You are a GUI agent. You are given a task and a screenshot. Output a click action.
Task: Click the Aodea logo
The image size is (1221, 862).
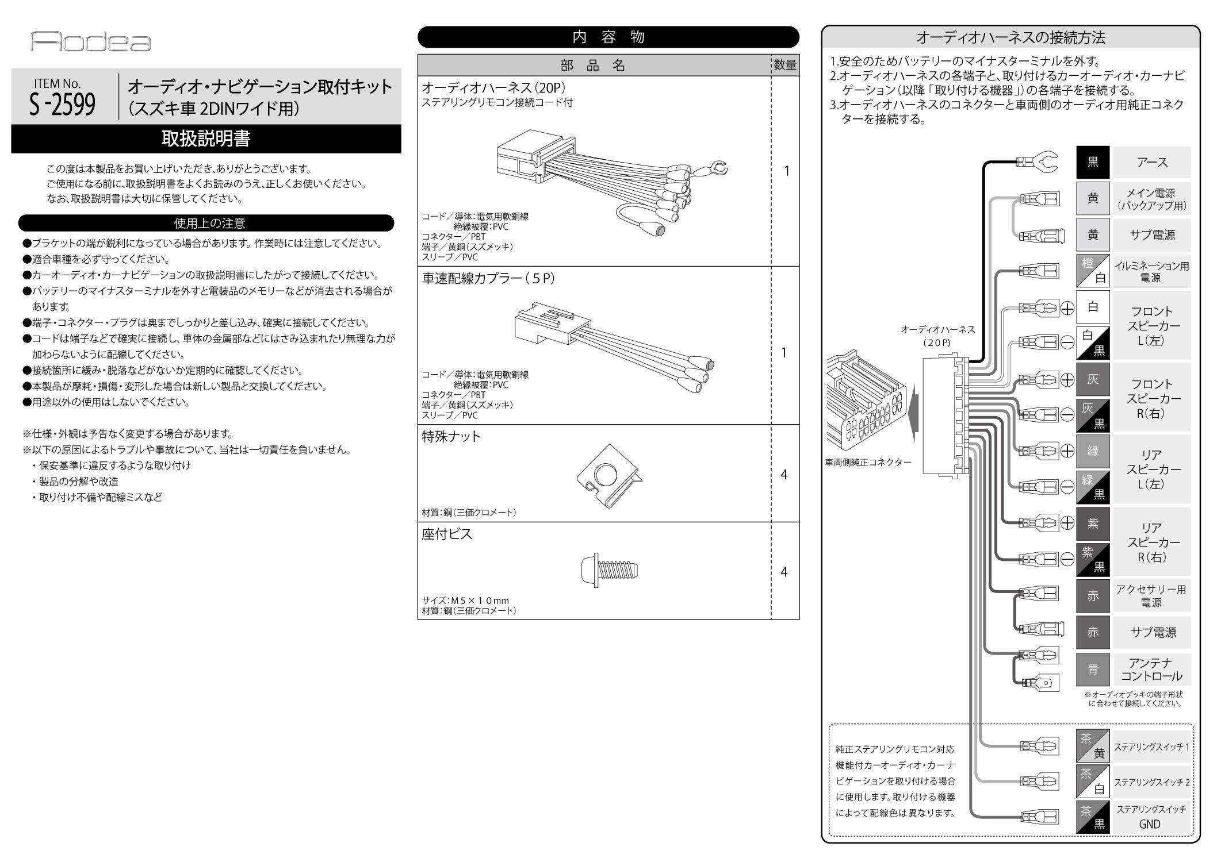coord(90,42)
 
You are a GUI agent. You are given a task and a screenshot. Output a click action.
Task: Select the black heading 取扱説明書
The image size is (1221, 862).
coord(206,139)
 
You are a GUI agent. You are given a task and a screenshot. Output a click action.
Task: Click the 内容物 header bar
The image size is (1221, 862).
coord(608,37)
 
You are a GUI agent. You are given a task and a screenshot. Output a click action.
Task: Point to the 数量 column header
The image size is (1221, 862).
coord(785,66)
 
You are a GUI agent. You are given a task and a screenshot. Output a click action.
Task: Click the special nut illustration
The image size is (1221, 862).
coord(609,475)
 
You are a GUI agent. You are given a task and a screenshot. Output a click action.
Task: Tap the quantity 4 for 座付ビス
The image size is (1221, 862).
coord(784,572)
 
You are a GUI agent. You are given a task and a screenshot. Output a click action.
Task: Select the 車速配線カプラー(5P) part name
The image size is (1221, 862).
coord(488,279)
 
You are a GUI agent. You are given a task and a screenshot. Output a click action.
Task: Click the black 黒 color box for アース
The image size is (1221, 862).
coord(1093,163)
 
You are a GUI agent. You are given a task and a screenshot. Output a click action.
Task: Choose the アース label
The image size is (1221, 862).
coord(1151,163)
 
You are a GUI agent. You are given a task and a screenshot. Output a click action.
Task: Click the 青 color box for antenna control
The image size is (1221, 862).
coord(1093,669)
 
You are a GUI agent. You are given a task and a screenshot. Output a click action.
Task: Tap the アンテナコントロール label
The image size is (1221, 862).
coord(1151,669)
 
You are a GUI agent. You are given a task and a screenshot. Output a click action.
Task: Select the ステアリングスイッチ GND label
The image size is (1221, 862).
coord(1151,817)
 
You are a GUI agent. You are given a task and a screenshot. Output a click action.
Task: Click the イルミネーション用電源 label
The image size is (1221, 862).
coord(1151,272)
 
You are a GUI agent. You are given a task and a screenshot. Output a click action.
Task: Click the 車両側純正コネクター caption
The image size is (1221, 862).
coord(868,462)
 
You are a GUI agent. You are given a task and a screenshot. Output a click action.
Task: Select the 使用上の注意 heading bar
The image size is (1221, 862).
coord(206,223)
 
